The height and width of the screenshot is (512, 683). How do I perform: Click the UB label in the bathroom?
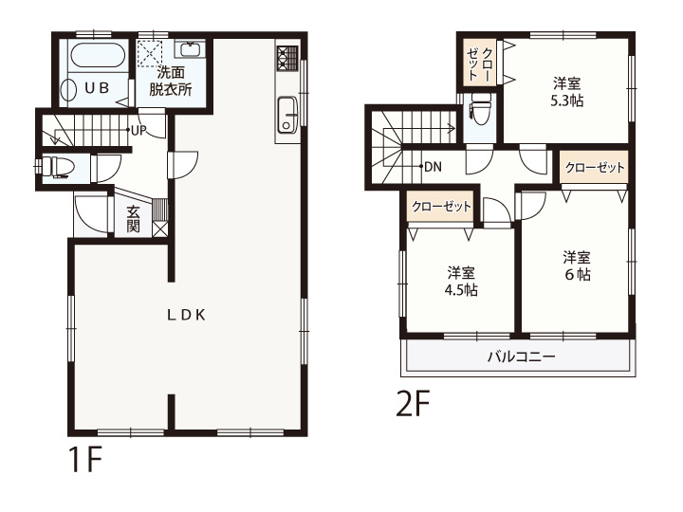[97, 88]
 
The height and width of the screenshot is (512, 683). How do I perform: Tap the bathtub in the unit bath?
[97, 54]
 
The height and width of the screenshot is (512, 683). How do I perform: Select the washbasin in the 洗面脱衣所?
[190, 49]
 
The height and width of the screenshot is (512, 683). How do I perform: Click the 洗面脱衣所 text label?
[171, 81]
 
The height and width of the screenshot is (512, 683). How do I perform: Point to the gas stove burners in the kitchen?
[287, 58]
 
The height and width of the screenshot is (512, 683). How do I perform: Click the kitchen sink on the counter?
[287, 113]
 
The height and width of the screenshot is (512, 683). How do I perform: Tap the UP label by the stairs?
[138, 130]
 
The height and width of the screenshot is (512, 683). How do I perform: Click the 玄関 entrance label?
[134, 218]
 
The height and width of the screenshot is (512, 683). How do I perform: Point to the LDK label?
[186, 315]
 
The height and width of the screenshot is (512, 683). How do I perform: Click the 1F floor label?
[85, 460]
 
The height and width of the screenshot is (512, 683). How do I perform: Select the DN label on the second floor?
[433, 167]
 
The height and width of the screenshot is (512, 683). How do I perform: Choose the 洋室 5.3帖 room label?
[566, 92]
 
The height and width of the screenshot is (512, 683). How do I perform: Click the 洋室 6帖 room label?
[577, 265]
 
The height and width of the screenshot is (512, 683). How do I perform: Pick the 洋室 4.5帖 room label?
[461, 282]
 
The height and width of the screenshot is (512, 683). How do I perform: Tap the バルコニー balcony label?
[521, 357]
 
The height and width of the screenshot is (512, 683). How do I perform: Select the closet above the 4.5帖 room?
[441, 207]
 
